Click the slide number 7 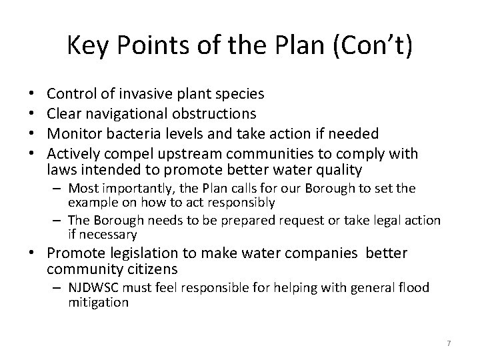pyautogui.click(x=449, y=343)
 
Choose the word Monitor pyautogui.click(x=73, y=134)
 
